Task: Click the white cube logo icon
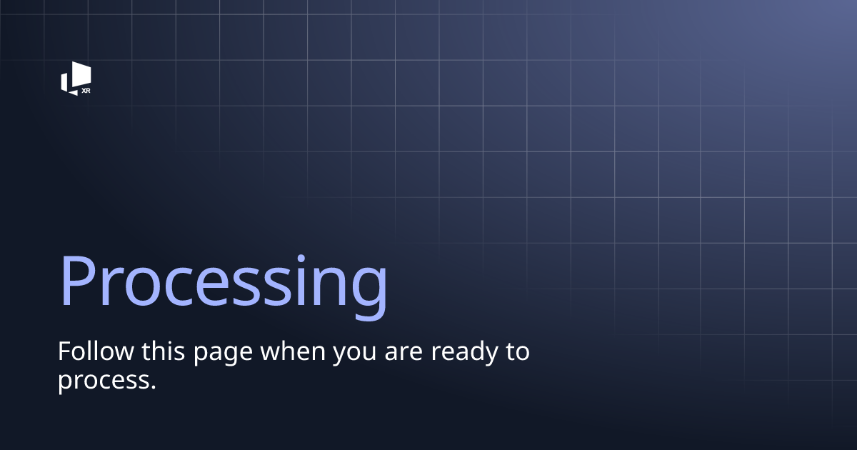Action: click(75, 76)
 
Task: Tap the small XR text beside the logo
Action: click(86, 91)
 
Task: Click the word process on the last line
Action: click(103, 381)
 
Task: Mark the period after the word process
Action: click(152, 386)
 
